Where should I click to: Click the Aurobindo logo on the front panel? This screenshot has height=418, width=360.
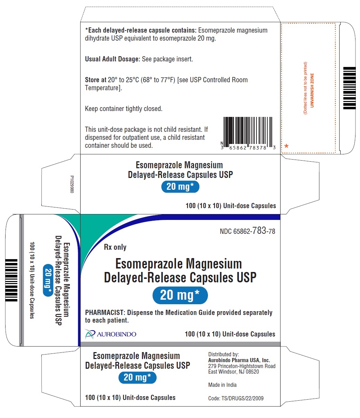(x=110, y=334)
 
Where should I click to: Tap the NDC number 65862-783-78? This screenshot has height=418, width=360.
(x=247, y=231)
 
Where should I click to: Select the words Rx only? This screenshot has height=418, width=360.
(x=115, y=247)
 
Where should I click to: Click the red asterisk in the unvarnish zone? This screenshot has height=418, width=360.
(x=286, y=146)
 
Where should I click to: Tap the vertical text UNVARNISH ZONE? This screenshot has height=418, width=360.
(x=312, y=90)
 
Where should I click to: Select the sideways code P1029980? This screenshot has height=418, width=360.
(x=72, y=184)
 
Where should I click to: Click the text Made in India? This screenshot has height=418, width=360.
(x=222, y=385)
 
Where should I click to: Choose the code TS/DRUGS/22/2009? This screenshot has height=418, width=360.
(x=242, y=398)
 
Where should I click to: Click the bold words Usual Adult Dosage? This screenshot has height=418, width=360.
(x=112, y=59)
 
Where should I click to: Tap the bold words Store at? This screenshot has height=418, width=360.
(x=95, y=80)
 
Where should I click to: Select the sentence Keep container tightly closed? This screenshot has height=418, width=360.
(x=124, y=109)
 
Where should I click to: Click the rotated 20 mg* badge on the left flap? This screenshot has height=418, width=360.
(x=48, y=280)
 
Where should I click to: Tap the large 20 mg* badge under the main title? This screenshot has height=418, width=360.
(x=180, y=295)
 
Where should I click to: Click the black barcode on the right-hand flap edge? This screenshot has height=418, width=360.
(x=349, y=88)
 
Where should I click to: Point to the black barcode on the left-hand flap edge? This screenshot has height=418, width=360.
(x=11, y=280)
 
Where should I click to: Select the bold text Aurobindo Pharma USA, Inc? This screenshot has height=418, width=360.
(x=239, y=360)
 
